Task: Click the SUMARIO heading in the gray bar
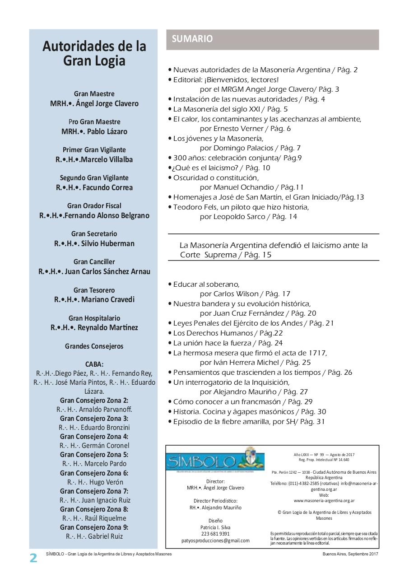click(192, 39)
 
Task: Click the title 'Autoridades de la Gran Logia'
click(94, 54)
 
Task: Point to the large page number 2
click(34, 558)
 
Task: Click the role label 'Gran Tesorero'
click(94, 290)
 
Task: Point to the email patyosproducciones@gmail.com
click(215, 541)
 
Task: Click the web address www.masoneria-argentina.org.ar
click(324, 500)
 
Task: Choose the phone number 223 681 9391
click(215, 534)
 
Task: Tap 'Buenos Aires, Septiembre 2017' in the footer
click(350, 554)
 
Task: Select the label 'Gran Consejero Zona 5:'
click(94, 455)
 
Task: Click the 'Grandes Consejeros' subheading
click(94, 346)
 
